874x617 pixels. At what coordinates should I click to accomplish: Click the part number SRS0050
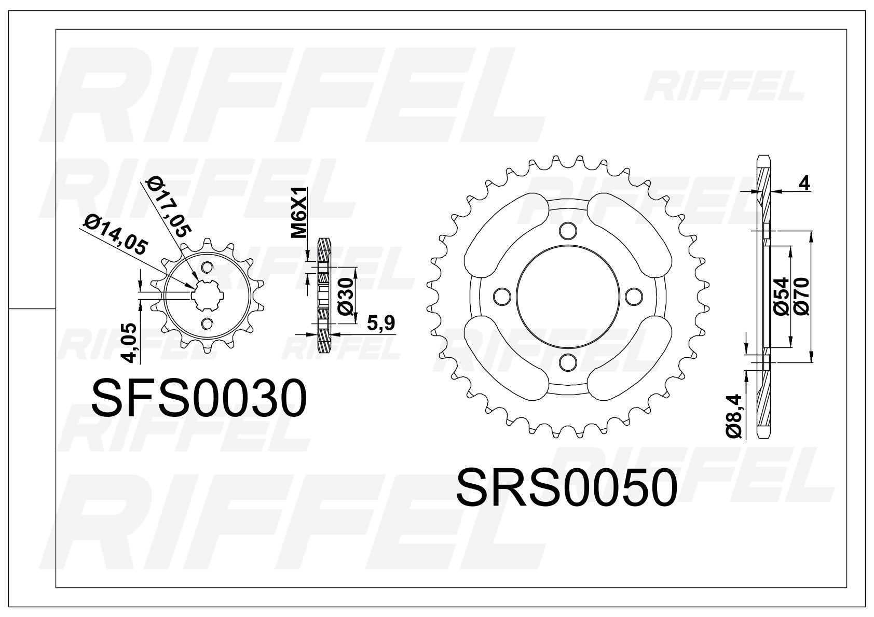tap(567, 487)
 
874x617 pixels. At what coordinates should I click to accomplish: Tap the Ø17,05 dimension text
tap(168, 206)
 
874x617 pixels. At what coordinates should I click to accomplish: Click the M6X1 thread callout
tap(299, 213)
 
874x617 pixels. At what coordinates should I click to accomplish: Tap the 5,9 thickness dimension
tap(380, 323)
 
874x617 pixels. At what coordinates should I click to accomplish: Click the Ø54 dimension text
tap(781, 297)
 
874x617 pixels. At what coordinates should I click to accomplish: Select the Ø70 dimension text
tap(801, 297)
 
